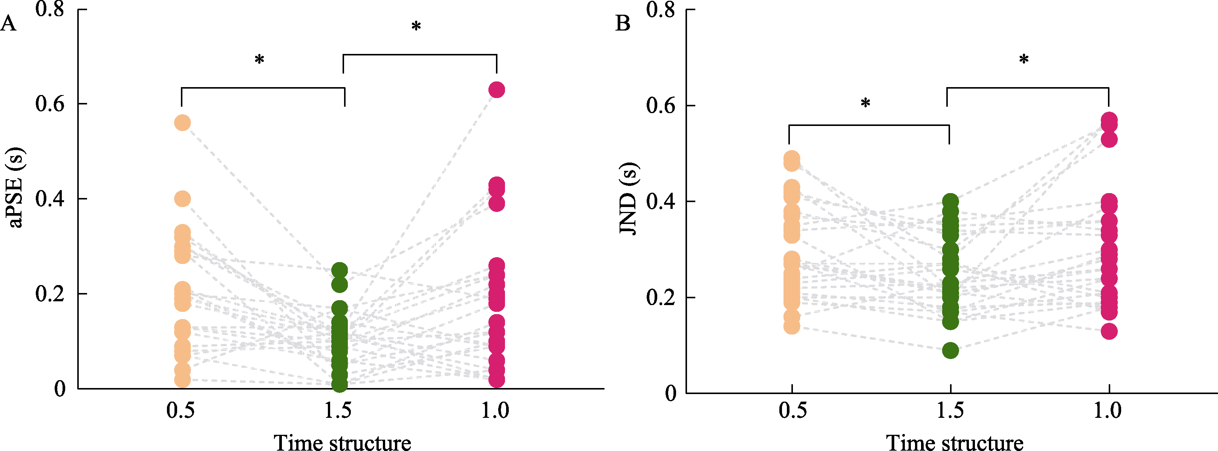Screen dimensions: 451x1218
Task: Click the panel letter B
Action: coord(623,23)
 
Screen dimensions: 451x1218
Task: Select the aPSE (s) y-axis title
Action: coord(15,187)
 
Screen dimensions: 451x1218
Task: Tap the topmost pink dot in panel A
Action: coord(496,89)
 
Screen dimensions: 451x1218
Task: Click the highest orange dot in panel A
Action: coord(182,123)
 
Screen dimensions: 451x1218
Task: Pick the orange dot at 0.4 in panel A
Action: coord(182,199)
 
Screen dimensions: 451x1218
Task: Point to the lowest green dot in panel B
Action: coord(950,351)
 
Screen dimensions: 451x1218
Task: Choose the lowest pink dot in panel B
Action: coord(1109,331)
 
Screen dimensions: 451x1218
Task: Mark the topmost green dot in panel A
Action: coord(340,271)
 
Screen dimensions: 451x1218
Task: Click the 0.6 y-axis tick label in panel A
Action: coord(50,104)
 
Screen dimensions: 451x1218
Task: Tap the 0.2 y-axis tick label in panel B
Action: coord(661,298)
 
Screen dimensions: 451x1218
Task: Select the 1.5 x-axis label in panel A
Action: coord(338,410)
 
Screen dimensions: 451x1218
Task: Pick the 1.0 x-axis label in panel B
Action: coord(1107,410)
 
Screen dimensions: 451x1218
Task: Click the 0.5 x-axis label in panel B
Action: coord(793,410)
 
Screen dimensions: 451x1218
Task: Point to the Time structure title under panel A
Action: coord(342,442)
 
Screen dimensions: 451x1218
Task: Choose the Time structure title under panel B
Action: coord(954,442)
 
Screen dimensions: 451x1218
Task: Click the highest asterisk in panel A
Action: coord(416,26)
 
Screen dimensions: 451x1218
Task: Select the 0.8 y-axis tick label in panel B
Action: coord(661,9)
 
